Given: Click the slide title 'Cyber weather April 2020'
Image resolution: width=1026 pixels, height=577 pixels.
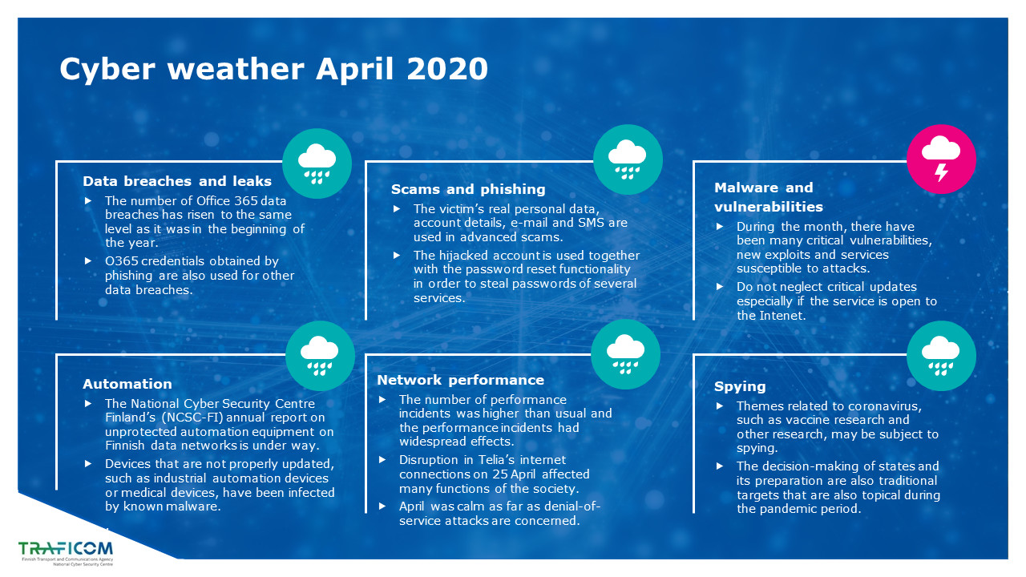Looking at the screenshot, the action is [273, 70].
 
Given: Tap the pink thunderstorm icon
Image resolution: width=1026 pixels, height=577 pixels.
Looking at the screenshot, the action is [941, 159].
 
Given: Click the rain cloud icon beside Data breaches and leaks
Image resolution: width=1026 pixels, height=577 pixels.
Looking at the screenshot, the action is [317, 163].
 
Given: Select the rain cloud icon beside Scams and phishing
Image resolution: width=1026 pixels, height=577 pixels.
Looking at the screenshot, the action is [628, 159].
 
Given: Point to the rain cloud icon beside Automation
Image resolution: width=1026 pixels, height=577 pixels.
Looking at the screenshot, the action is [320, 356].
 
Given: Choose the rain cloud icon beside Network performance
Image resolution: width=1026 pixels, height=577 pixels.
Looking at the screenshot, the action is [626, 355].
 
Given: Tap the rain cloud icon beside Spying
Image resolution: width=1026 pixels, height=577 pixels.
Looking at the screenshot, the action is [941, 356].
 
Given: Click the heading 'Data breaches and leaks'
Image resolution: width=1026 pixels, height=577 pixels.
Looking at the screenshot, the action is [177, 181].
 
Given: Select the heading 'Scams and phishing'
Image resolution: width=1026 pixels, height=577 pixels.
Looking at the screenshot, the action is [468, 190].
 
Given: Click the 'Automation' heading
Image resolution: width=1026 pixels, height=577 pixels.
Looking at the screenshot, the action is [127, 384].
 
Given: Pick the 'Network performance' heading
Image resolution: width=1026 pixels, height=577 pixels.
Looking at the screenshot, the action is [460, 380].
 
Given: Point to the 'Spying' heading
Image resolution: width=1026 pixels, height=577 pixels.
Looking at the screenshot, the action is [740, 387].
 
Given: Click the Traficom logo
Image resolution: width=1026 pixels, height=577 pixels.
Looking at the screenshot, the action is [66, 553].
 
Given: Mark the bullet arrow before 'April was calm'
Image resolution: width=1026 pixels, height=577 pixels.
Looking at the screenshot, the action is [382, 506].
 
